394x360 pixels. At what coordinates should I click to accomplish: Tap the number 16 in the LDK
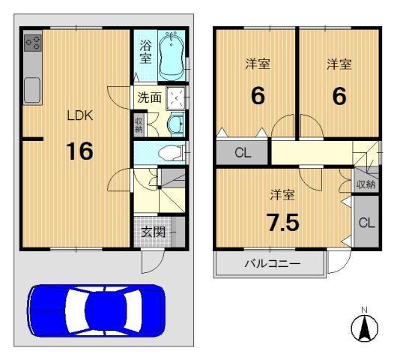(79, 151)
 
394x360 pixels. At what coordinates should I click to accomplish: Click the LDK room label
(79, 116)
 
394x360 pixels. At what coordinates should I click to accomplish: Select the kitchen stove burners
(33, 44)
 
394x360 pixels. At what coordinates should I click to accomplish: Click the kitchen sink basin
(33, 90)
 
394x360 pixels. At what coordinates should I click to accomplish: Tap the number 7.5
(283, 222)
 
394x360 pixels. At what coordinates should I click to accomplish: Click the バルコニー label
(271, 263)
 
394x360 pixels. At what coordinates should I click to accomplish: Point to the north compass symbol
(364, 327)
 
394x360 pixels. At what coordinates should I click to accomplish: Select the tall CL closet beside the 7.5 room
(366, 223)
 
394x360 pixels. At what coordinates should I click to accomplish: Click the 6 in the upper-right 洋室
(339, 97)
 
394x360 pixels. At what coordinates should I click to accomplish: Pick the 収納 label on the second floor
(365, 184)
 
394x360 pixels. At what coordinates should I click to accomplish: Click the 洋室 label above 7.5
(282, 195)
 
